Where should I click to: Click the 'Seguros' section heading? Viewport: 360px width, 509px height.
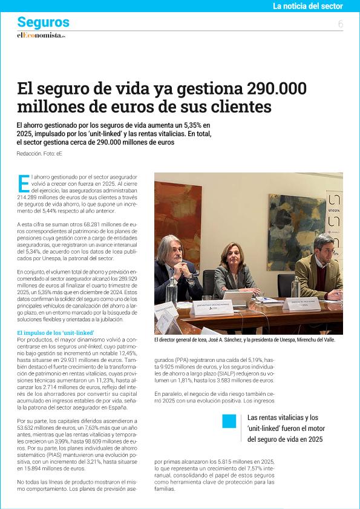coord(43,22)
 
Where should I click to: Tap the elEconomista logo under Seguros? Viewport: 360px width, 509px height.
coord(41,36)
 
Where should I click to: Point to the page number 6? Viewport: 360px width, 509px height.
coord(341,24)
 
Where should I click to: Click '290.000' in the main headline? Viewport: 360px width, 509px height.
coord(277,88)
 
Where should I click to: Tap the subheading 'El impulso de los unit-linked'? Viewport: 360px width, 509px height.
coord(56,333)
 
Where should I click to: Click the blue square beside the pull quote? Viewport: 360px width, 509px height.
coord(229,421)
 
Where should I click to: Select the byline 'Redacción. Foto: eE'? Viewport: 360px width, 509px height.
coord(40,154)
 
